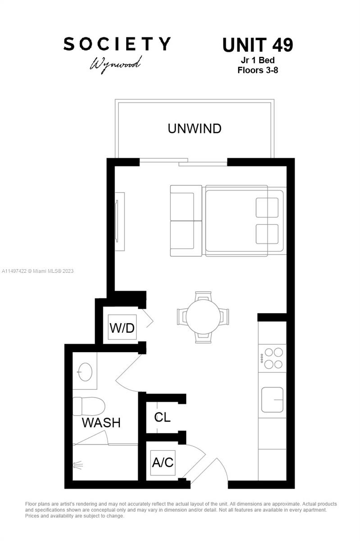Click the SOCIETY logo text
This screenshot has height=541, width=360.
pos(117,44)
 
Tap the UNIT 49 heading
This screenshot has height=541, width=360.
pos(257,45)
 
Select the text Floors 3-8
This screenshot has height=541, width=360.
pos(257,70)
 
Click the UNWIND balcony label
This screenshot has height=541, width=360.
pos(194,128)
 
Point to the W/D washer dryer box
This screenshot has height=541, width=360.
pos(122,328)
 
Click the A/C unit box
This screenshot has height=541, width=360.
pos(162,463)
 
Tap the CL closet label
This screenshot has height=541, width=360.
pos(162,417)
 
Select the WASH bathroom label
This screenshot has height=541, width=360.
pos(101,423)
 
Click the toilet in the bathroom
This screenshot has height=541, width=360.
pos(89,406)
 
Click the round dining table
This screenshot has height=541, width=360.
pos(203,317)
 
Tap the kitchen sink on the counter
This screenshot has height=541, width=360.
pos(272,399)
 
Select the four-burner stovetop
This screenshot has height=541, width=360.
pos(272,358)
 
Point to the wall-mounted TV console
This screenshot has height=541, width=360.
pos(119,221)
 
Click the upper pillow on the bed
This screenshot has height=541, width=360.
pos(267,207)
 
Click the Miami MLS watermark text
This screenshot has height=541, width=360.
pos(38,271)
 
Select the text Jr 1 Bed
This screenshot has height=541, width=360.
pos(257,60)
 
